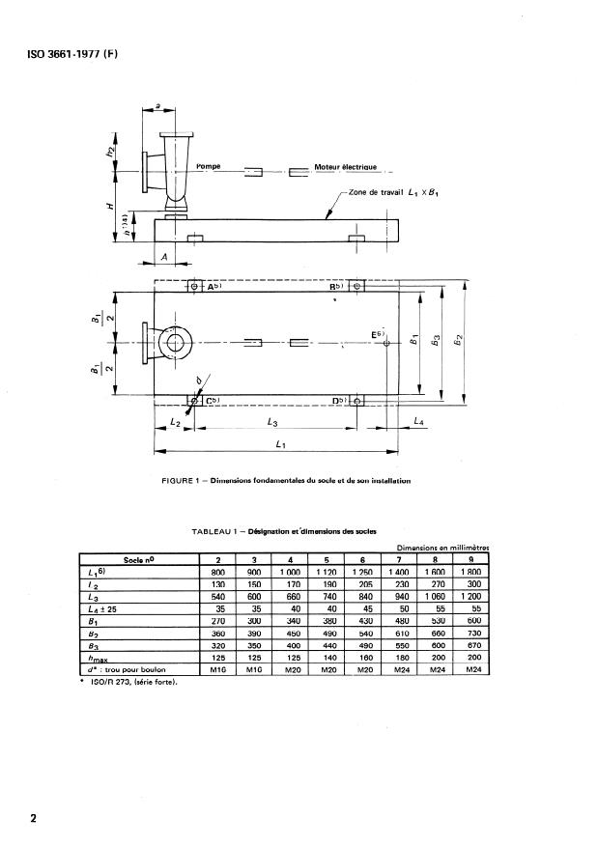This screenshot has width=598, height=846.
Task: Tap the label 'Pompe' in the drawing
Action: click(x=209, y=166)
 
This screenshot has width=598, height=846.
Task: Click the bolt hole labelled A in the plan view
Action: click(x=193, y=287)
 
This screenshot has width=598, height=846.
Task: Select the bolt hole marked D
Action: click(x=357, y=400)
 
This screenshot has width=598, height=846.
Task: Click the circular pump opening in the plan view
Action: click(x=178, y=343)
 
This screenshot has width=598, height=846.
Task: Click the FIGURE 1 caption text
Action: click(x=288, y=480)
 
